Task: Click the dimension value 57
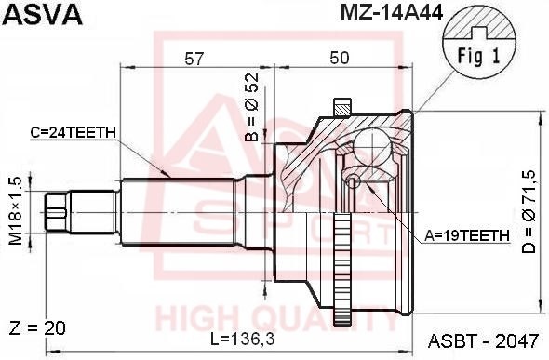click(x=194, y=58)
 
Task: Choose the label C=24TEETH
click(x=73, y=132)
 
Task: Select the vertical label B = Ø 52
click(x=250, y=108)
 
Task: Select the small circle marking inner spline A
click(x=353, y=181)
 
